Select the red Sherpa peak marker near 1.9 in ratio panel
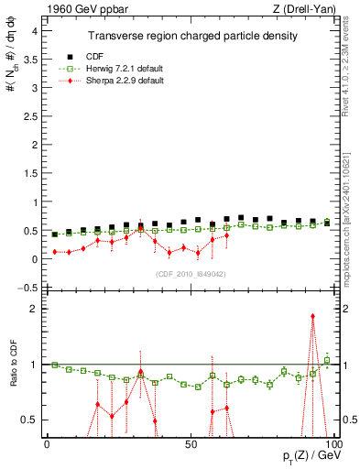pos(312,316)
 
